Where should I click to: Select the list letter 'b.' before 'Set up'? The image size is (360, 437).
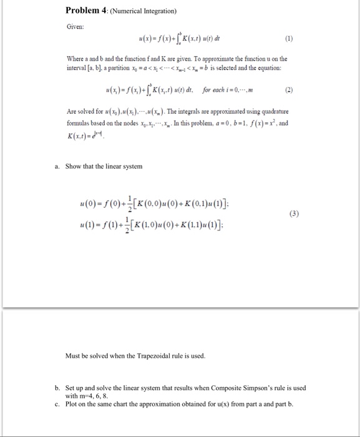pyautogui.click(x=58, y=388)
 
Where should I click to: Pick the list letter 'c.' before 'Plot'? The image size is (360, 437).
pyautogui.click(x=58, y=404)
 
